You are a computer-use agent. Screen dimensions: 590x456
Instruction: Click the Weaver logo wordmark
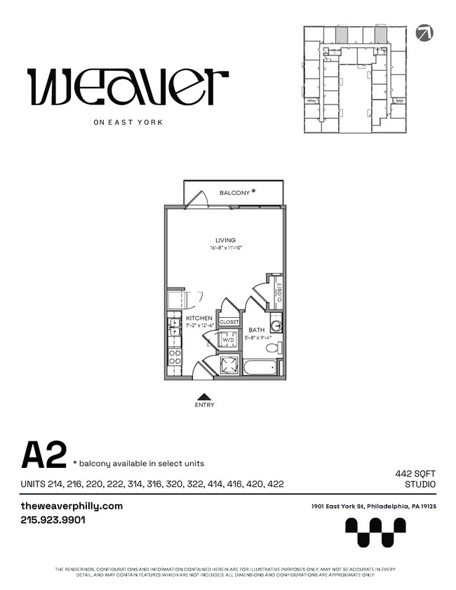(x=127, y=86)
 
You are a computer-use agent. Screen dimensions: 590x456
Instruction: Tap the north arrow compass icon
(x=424, y=33)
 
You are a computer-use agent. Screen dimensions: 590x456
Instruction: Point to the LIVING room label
(x=225, y=241)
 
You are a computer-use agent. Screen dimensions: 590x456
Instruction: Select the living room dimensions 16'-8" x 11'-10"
(x=225, y=248)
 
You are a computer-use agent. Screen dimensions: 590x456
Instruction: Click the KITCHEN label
(x=199, y=319)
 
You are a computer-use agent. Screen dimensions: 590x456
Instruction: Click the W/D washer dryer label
(x=228, y=340)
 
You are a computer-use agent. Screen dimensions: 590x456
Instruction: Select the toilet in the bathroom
(x=273, y=347)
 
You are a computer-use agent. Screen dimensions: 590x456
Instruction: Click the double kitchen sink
(x=173, y=326)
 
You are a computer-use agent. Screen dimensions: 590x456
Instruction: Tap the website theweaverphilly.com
(x=72, y=506)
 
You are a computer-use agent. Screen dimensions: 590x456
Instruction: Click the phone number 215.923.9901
(x=53, y=521)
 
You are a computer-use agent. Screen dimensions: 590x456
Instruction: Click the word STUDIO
(x=420, y=485)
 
